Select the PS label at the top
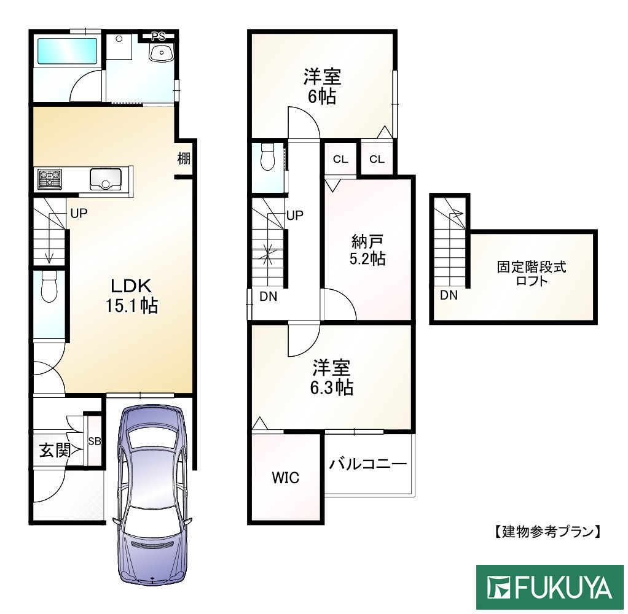coord(158,36)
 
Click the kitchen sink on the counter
coord(106,179)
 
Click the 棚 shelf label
coord(184,158)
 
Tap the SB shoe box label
coord(95,441)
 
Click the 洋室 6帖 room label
coord(322,87)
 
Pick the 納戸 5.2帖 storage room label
coord(367,249)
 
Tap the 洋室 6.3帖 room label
coord(331,378)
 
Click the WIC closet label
coord(286,478)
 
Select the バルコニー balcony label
coord(367,464)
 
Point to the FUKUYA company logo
coord(551,588)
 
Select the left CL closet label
coord(340,160)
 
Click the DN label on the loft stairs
coord(449,295)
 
